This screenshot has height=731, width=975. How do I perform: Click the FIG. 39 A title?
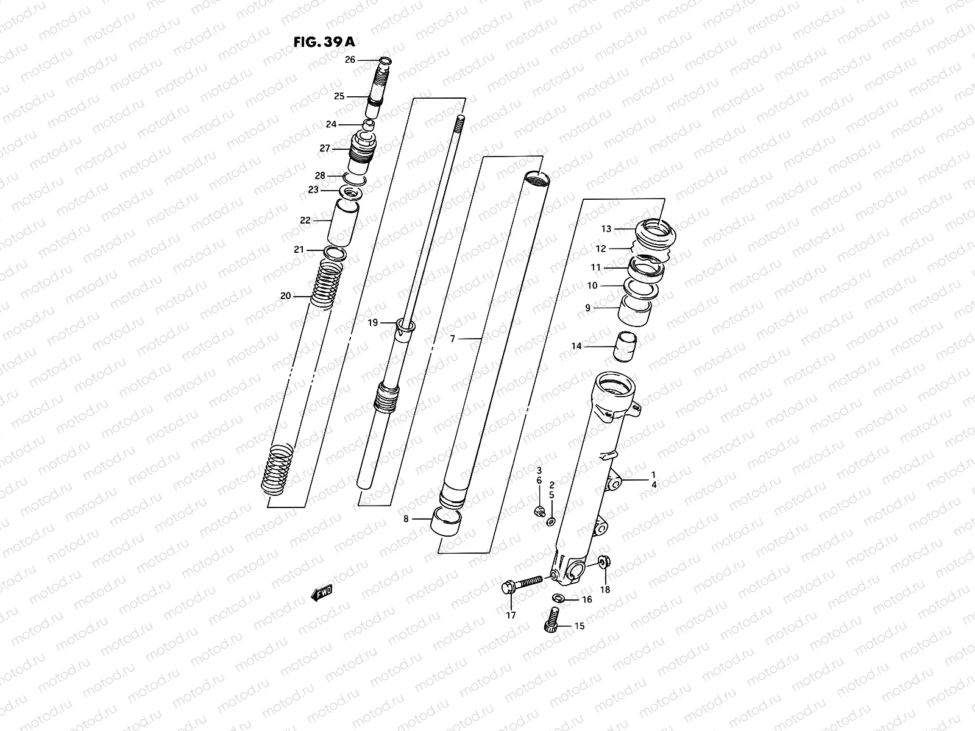coord(323,42)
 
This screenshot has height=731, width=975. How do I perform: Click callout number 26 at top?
coord(350,60)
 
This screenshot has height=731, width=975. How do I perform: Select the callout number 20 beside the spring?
coord(285,296)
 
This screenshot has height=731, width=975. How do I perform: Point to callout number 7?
coord(452,339)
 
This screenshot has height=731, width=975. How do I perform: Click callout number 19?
coord(373,322)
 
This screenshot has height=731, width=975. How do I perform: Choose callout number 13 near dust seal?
coord(606,229)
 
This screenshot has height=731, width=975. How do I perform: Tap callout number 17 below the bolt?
coord(511,615)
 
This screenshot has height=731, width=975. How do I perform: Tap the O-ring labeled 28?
coord(354,177)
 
